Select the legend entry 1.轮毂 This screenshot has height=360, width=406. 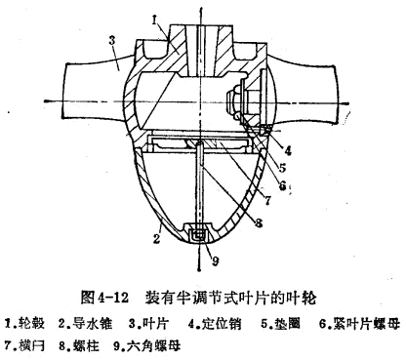pyautogui.click(x=28, y=321)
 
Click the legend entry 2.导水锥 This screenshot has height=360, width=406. pyautogui.click(x=87, y=321)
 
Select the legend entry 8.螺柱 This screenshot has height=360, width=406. pyautogui.click(x=87, y=343)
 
